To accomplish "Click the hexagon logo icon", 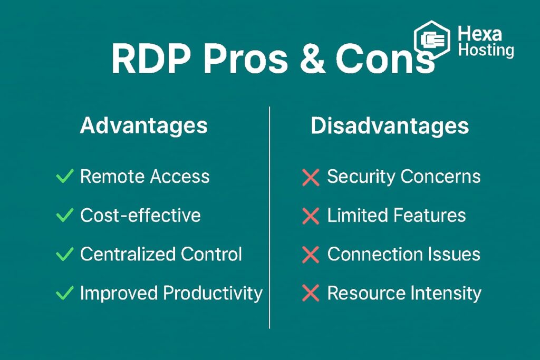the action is point(432,40).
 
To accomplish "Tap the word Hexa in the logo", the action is point(480,34).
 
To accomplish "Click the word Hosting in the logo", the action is point(486,50).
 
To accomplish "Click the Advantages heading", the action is point(143,125).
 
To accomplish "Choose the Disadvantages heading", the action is point(390,125).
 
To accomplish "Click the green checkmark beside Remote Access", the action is point(64,176).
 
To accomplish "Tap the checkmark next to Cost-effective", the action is point(64,215).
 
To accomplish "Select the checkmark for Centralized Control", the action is point(64,254).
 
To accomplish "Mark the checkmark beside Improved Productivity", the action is point(64,293).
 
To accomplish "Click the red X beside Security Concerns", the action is point(311,177).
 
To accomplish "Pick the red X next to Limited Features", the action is point(311,216).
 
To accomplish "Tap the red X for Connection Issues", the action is point(311,255).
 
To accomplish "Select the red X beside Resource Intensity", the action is point(311,293).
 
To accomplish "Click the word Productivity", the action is point(213,294).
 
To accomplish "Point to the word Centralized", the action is point(128,254).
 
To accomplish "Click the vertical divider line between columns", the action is point(269,218).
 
